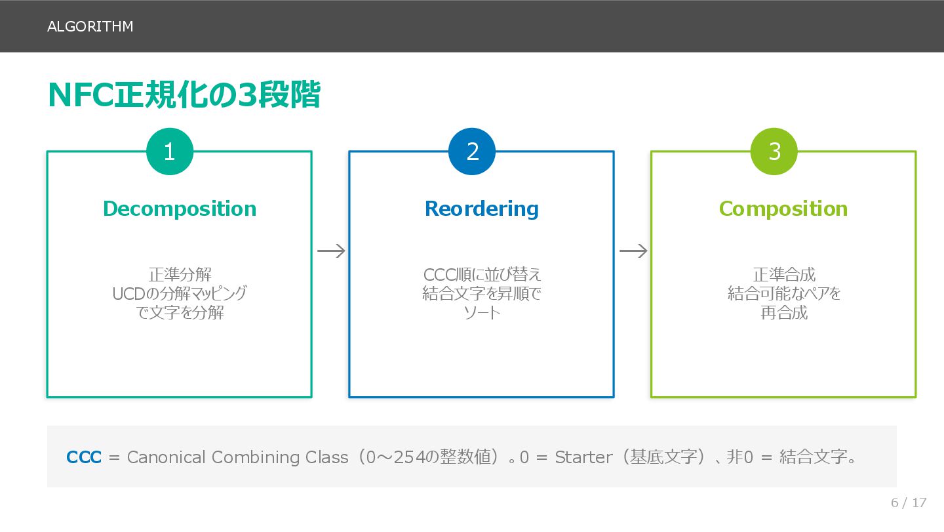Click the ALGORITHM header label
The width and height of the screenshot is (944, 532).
90,26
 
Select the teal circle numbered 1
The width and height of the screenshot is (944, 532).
170,152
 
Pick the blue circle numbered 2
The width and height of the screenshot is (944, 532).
472,152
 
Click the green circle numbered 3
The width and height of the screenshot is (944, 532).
774,152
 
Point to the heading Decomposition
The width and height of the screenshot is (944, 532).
180,209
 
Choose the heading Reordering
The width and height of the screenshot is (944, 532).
482,209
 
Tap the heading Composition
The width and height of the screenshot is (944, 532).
783,209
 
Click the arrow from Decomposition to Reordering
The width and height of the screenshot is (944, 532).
331,251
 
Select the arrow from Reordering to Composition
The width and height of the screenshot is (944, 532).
633,251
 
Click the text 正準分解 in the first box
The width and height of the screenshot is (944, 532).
180,274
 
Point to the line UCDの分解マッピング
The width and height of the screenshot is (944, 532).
180,293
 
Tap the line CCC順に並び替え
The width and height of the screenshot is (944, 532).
482,274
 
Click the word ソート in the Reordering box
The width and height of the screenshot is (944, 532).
482,312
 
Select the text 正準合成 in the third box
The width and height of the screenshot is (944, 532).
783,274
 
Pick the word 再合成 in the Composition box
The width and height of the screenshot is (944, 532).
783,312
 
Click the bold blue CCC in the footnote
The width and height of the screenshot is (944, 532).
84,457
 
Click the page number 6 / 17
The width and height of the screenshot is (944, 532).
909,502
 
